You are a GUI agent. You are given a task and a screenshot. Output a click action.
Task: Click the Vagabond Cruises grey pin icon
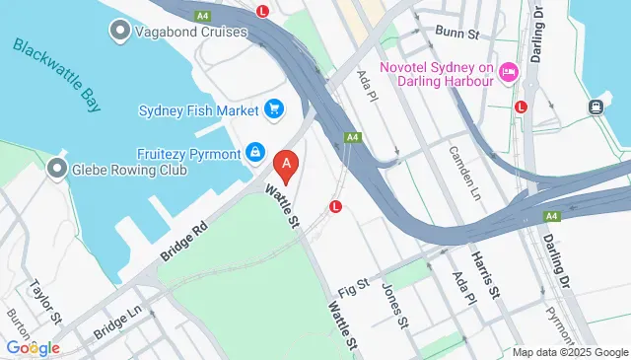pyautogui.click(x=119, y=32)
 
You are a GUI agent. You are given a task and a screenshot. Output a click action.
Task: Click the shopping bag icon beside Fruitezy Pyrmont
pyautogui.click(x=255, y=152)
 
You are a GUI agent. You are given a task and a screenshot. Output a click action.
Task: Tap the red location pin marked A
pyautogui.click(x=286, y=166)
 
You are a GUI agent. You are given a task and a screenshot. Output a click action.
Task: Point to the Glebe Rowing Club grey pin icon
pyautogui.click(x=57, y=169)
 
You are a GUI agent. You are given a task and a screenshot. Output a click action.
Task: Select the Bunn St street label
pyautogui.click(x=458, y=35)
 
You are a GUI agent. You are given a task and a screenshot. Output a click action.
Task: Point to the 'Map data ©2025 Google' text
pyautogui.click(x=570, y=352)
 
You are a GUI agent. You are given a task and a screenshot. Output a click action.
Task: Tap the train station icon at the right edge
pyautogui.click(x=596, y=107)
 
